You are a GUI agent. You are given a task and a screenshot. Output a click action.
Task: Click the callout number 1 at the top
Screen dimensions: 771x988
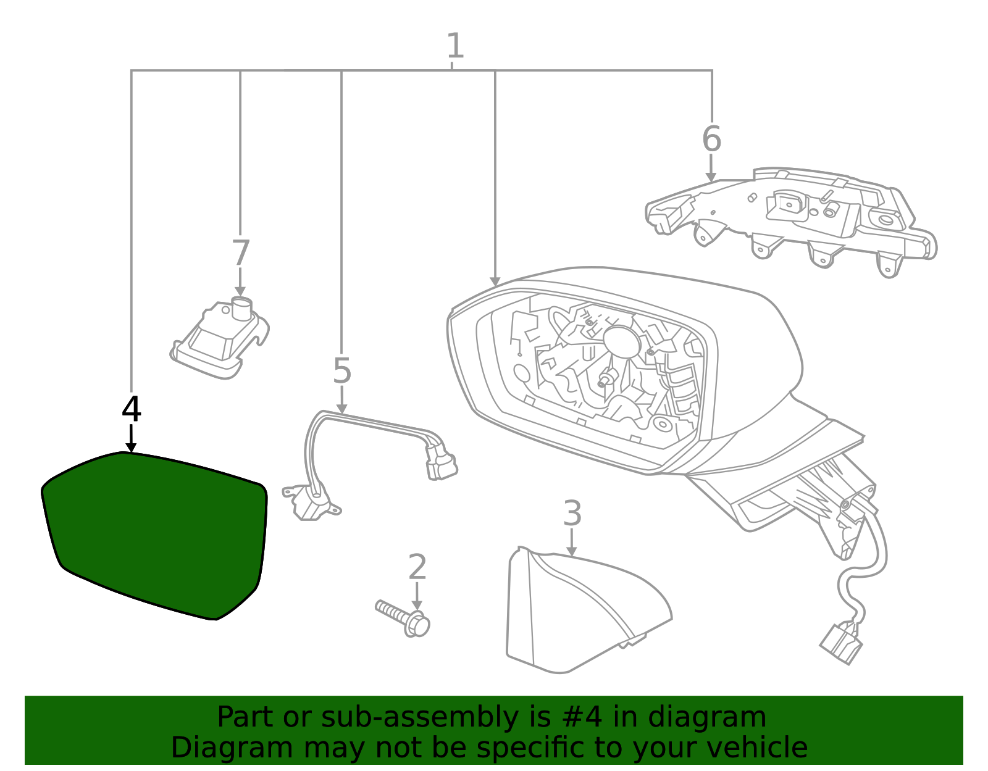coord(454,46)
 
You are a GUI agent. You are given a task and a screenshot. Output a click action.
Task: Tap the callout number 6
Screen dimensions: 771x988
coord(711,139)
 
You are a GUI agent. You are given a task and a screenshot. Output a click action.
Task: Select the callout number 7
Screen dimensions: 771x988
coord(240,253)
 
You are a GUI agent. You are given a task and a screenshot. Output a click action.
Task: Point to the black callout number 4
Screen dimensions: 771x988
coord(132,409)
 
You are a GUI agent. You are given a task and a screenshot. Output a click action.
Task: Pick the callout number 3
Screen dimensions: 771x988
coord(572,514)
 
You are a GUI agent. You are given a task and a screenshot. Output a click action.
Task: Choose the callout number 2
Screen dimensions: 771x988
coord(417,567)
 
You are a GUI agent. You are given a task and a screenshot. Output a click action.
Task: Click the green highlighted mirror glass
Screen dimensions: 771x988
coord(154,534)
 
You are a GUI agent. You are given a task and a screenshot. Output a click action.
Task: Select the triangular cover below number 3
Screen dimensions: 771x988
coord(574,611)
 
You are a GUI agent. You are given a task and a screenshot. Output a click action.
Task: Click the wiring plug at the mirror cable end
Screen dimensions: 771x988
coord(841,644)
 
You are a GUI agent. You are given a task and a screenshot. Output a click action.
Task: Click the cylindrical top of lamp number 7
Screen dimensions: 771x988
coord(241,306)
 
